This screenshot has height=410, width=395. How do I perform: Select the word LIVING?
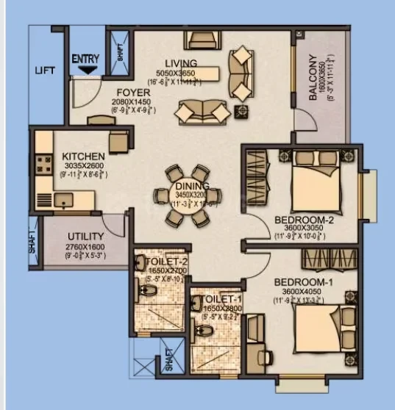click(x=180, y=62)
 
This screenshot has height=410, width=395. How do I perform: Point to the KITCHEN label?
click(x=83, y=157)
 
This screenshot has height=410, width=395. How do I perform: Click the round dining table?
click(x=187, y=196)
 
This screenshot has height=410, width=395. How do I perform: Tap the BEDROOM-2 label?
click(x=299, y=220)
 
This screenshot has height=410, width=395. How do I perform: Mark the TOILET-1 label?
click(x=209, y=300)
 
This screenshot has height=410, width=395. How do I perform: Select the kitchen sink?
click(x=62, y=198)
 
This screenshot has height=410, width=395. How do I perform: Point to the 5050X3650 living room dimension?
click(x=180, y=73)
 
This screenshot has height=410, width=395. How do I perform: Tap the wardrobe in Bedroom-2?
click(x=257, y=177)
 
